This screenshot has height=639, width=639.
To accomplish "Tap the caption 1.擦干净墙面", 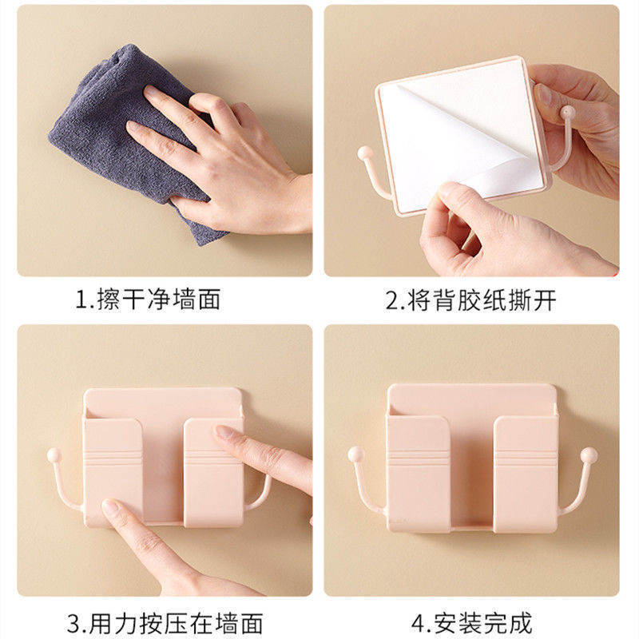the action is click(x=149, y=299).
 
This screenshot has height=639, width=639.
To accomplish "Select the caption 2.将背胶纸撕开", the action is click(x=470, y=300).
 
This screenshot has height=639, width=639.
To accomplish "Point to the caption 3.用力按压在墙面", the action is click(x=165, y=624).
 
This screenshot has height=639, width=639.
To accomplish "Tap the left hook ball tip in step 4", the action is click(x=355, y=454).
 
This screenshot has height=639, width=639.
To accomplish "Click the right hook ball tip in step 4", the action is click(x=589, y=454).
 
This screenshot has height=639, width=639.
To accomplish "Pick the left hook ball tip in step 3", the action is click(x=54, y=454).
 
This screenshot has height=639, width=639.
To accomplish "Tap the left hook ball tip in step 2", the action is click(x=365, y=153).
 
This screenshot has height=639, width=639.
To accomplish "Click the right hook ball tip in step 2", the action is click(x=568, y=113).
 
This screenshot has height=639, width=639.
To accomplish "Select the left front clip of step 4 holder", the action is click(x=418, y=474).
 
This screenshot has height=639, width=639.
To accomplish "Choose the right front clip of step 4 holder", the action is click(x=526, y=474).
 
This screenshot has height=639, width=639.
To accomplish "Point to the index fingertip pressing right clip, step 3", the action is click(x=224, y=433).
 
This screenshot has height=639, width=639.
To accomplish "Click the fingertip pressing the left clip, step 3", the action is click(x=111, y=507).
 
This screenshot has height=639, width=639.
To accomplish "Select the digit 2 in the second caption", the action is click(x=392, y=301).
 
